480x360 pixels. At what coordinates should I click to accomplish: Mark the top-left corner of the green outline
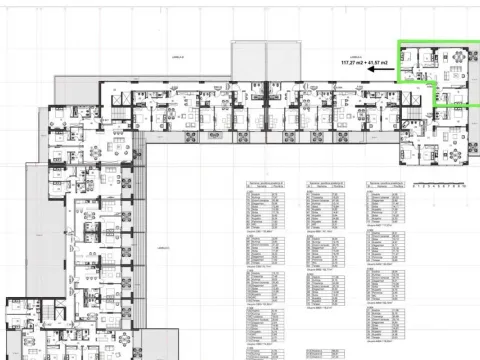tap(398, 42)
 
